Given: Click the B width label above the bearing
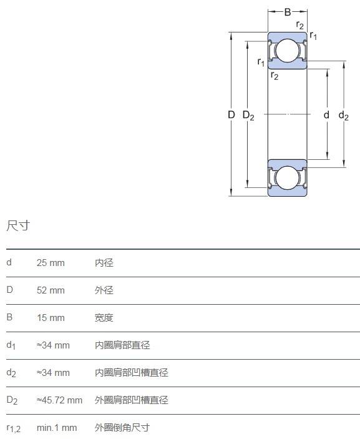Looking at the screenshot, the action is click(288, 12).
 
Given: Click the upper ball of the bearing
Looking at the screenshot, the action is click(287, 51).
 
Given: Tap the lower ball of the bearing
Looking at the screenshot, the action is click(287, 177).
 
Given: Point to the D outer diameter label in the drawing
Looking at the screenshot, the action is click(231, 114).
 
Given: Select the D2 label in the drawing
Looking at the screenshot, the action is click(248, 115).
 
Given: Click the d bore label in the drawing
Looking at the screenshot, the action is click(326, 114).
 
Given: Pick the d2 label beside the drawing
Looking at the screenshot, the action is click(344, 115).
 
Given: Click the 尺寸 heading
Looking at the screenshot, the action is click(18, 225).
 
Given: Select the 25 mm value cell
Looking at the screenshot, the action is click(51, 263).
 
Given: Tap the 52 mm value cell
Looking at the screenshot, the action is click(51, 290).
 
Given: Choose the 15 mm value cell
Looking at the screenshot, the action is click(51, 317).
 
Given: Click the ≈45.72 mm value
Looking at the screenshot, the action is click(59, 400).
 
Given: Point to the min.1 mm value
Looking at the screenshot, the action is click(57, 428).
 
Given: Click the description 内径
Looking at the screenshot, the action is click(104, 263).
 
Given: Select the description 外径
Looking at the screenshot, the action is click(104, 290).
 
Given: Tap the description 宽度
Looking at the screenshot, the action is click(104, 317).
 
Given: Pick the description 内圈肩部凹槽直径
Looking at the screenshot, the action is click(132, 372).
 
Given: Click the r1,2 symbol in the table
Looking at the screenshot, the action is click(14, 428).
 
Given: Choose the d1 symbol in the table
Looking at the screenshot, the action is click(11, 345).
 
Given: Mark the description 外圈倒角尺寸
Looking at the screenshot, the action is click(122, 428).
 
